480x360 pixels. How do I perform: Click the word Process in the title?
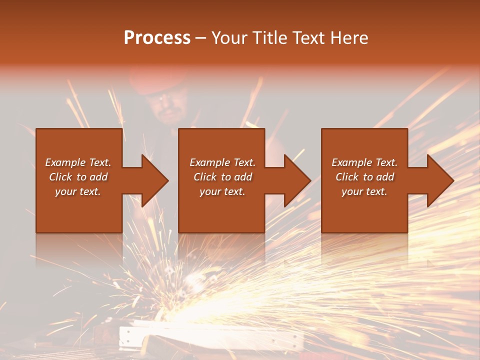157,38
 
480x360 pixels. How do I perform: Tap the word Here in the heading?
349,38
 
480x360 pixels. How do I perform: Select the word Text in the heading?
309,38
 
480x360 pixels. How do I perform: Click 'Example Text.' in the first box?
78,162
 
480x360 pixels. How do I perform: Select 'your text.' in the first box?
78,191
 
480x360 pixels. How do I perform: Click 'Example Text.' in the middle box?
222,162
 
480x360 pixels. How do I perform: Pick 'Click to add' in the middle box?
222,177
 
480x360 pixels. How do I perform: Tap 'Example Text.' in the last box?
364,162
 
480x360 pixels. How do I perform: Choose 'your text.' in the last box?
364,191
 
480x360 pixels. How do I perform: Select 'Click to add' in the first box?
78,177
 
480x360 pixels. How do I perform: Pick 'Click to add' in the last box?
364,177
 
